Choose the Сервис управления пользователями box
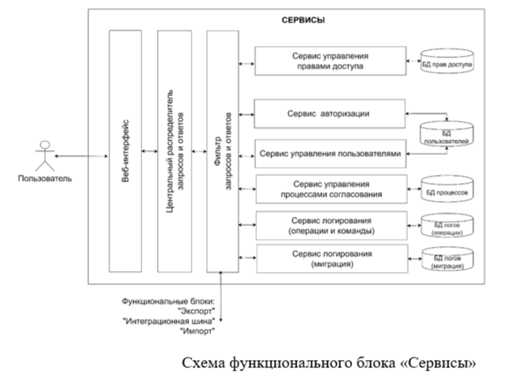point(330,153)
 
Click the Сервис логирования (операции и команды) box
point(330,225)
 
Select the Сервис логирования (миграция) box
point(330,259)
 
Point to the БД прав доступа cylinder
point(446,62)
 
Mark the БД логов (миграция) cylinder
point(446,259)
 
